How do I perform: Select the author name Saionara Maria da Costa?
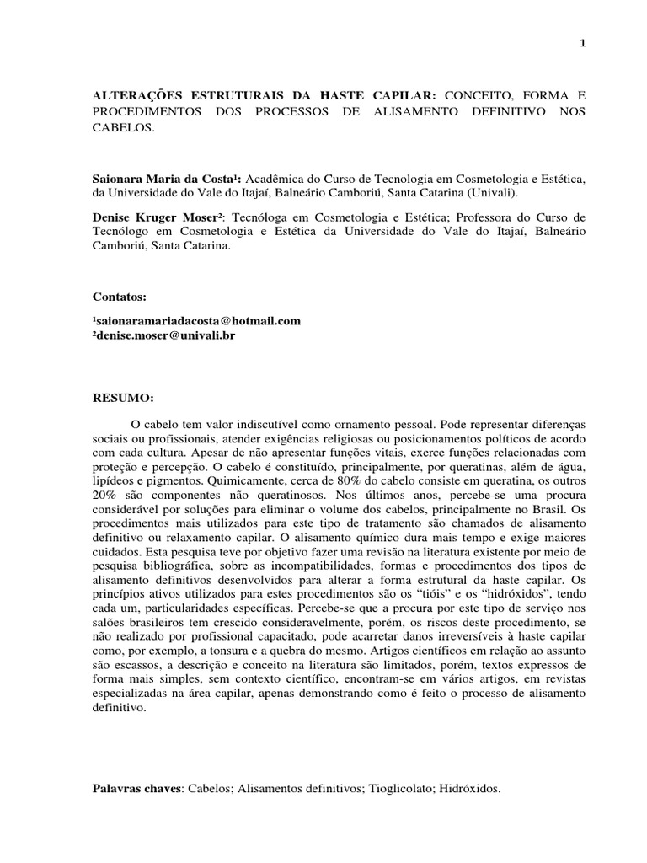click(x=155, y=179)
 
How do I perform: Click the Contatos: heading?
click(x=119, y=297)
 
